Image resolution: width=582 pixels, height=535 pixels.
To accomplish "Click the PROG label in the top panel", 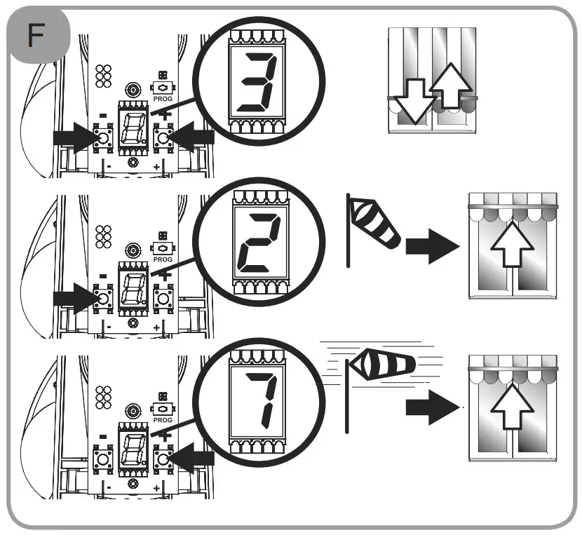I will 163,99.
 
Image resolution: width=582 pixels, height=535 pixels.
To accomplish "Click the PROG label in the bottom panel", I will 163,420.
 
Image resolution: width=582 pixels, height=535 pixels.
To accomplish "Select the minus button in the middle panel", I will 103,299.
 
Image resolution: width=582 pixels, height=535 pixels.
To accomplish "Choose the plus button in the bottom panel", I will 163,459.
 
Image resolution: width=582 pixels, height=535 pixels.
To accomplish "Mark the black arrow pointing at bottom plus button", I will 194,459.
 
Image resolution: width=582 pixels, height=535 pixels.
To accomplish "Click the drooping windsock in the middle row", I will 374,222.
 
